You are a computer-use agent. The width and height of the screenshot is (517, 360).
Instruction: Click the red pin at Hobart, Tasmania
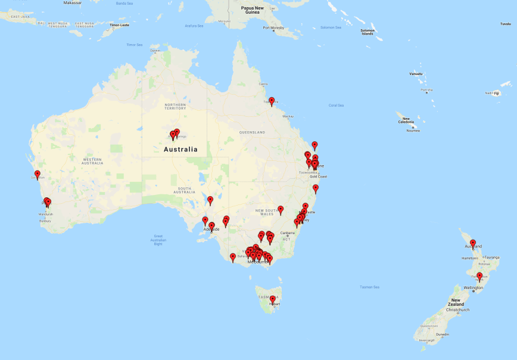pos(273,299)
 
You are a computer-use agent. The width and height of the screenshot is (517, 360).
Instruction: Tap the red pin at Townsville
pos(272,101)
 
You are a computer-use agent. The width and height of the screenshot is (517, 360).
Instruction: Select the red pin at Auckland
pos(473,243)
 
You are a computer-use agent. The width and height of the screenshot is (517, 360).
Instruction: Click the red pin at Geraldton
pos(38,174)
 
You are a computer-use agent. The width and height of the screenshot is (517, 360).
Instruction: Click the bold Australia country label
pos(180,150)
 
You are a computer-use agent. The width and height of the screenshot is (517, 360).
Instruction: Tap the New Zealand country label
pos(456,302)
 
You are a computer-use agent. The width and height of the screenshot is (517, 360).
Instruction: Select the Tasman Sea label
pos(370,287)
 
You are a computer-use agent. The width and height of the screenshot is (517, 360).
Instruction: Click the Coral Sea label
pos(337,105)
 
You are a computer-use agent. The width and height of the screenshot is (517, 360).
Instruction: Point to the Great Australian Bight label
pos(158,240)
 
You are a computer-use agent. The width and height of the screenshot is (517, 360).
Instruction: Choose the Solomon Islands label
pos(367,32)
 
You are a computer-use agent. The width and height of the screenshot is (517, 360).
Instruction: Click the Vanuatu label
pos(416,74)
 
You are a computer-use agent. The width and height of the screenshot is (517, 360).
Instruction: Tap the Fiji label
pos(496,93)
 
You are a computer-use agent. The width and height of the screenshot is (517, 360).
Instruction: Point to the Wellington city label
pos(474,288)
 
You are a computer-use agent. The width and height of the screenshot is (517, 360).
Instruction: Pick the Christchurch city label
pos(458,309)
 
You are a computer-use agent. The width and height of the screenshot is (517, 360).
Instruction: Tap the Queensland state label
pos(253,132)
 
